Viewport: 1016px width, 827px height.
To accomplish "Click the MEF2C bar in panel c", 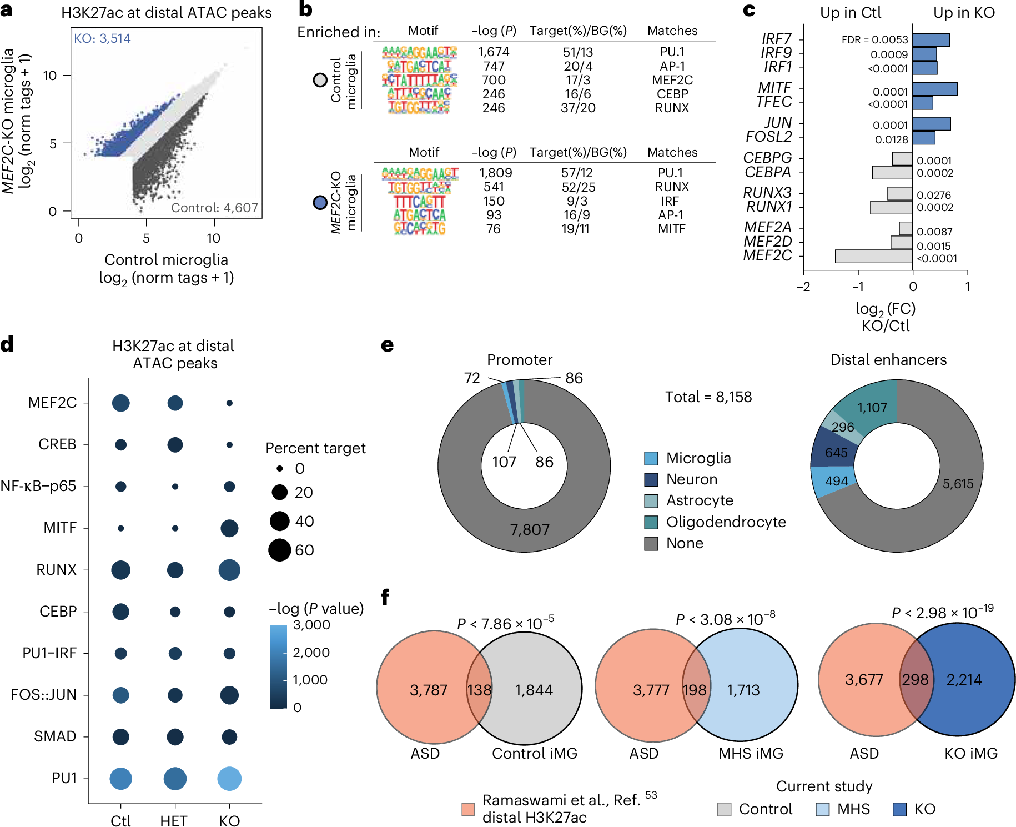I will (873, 256).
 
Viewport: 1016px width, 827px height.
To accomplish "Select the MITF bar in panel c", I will (934, 89).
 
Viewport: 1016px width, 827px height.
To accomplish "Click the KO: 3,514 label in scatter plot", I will (102, 38).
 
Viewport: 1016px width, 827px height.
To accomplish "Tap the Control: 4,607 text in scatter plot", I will (214, 208).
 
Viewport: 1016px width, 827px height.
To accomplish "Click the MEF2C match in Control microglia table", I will (672, 80).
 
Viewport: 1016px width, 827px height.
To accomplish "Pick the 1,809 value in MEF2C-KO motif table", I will (495, 173).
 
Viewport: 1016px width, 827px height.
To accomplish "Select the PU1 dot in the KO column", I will (229, 778).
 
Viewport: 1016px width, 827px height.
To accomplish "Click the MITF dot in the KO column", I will (229, 528).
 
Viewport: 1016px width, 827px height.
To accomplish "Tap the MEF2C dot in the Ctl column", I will (120, 403).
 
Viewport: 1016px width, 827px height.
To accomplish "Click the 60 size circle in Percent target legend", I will (280, 550).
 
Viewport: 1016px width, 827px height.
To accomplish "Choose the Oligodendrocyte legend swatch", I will (651, 522).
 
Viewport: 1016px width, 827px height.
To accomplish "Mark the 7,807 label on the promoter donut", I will (529, 529).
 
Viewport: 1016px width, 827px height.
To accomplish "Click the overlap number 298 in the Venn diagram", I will (915, 679).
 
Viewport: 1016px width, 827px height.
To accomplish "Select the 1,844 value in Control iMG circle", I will (534, 690).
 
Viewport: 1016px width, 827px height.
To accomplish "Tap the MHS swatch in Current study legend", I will (822, 809).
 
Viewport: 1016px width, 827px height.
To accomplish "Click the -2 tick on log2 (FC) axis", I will (803, 286).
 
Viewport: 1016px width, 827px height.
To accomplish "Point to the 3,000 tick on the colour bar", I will (311, 625).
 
